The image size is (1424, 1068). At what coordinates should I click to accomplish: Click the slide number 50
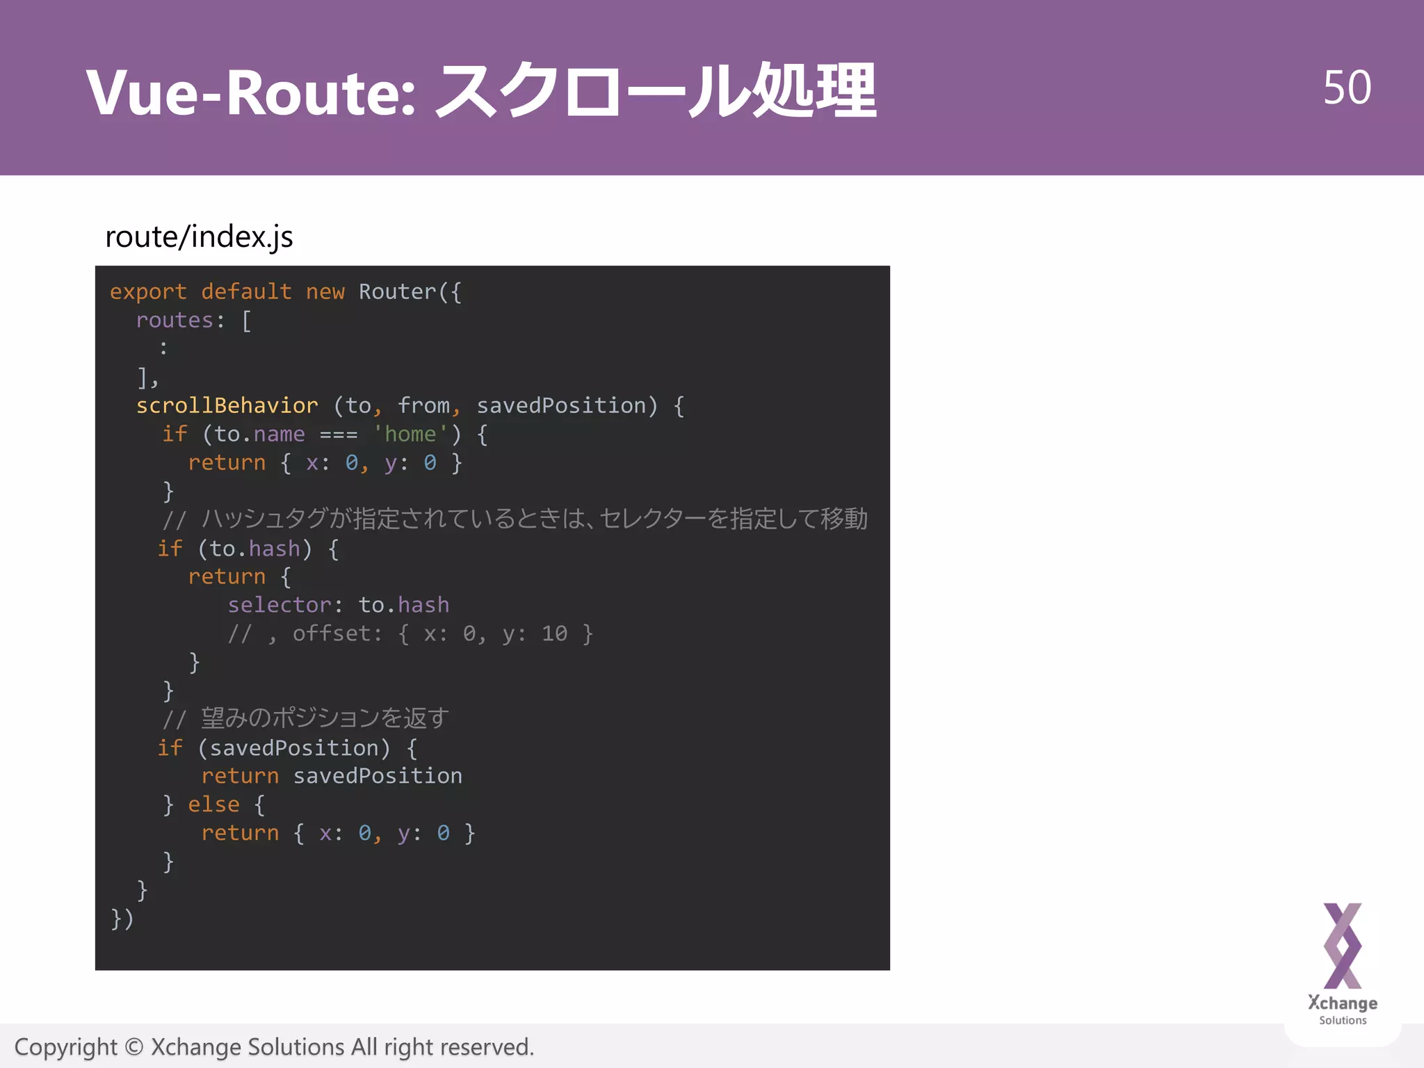pos(1347,88)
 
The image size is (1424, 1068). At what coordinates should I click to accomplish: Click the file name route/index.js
pos(199,237)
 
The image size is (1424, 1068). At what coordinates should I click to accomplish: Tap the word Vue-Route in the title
pos(250,92)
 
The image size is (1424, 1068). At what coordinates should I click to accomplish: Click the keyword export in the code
pos(148,292)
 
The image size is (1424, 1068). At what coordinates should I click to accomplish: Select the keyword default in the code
pos(246,292)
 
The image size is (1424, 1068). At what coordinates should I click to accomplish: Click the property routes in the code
pos(175,321)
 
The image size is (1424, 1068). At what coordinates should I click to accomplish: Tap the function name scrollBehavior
pos(227,406)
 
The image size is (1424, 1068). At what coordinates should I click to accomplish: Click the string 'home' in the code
pos(410,435)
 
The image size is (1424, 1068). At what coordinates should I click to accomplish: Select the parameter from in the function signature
pos(423,406)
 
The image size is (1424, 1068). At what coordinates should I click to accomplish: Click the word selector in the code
pos(280,606)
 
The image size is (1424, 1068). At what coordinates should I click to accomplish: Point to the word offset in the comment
pos(332,634)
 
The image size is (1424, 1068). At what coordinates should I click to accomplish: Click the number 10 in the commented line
pos(554,634)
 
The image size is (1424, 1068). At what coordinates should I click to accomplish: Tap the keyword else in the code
pos(213,805)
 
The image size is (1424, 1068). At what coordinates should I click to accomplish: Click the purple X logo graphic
pos(1343,946)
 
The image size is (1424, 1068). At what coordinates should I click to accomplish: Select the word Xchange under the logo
pos(1343,1003)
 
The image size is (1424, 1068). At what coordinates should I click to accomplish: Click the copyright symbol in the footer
pos(134,1047)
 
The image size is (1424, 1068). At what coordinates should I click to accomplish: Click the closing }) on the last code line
pos(122,919)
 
